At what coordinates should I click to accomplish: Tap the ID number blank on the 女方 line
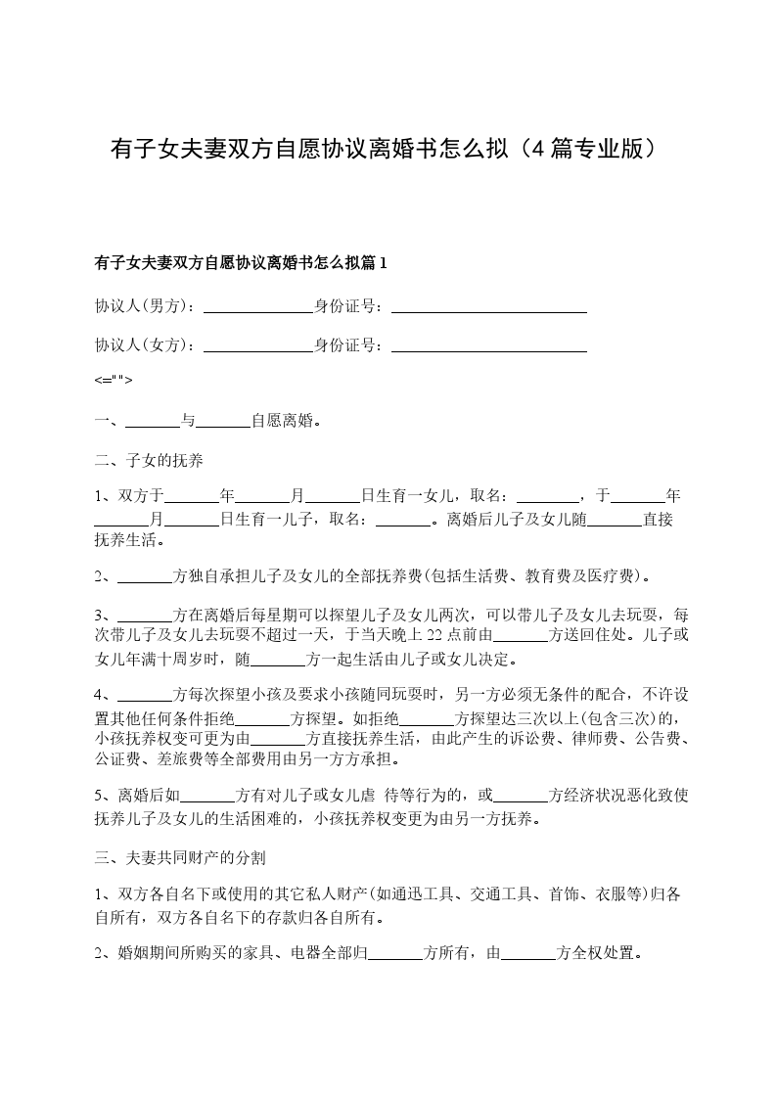[488, 344]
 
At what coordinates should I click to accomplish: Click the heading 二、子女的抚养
[149, 459]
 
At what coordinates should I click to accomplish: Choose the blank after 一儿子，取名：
[405, 520]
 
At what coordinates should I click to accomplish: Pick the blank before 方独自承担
[144, 575]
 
